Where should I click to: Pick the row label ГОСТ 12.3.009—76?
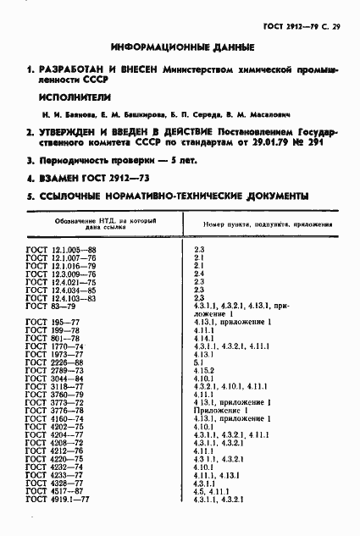click(61, 274)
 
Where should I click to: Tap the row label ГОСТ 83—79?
click(51, 306)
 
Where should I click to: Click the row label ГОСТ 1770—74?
click(55, 346)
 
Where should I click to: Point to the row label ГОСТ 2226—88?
click(55, 362)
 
